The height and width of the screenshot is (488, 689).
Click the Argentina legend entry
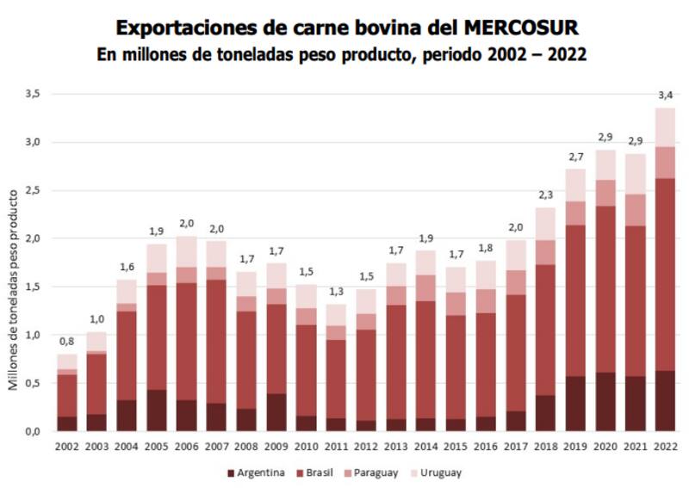coord(258,473)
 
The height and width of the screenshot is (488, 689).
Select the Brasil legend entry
coord(318,473)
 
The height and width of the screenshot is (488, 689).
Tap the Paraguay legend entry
coord(377,473)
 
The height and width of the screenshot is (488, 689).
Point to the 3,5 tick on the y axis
coord(33,93)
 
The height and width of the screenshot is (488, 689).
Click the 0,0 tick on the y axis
coord(33,431)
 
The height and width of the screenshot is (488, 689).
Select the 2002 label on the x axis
coord(67,447)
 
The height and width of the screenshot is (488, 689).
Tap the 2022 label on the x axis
coord(665,447)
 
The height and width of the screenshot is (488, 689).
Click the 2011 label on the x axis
coord(336,447)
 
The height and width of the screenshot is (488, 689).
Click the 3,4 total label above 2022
coord(665,96)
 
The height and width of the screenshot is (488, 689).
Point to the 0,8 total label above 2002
coord(67,342)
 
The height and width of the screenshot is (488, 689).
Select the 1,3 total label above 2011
coord(336,292)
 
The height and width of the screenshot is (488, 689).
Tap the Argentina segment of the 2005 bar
coord(157,411)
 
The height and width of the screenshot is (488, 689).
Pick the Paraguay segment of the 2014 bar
coord(425,287)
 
